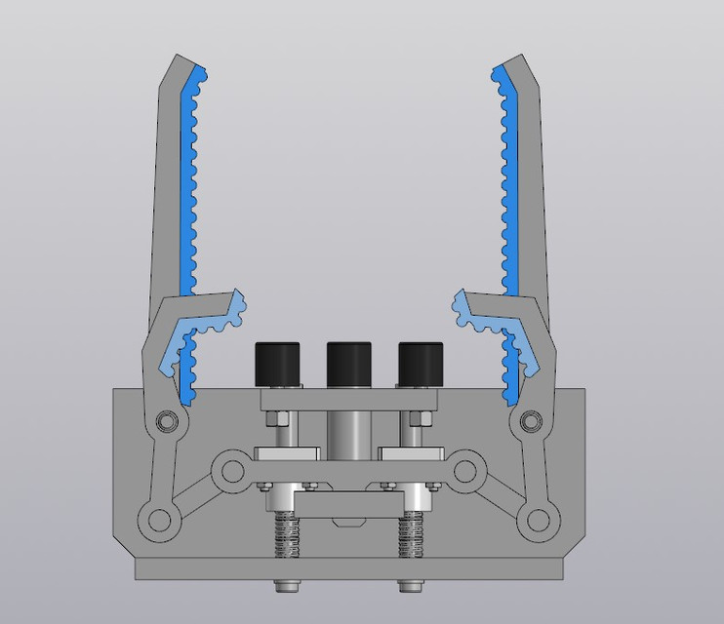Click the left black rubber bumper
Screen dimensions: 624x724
tap(276, 365)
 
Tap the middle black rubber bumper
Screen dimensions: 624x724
tap(348, 364)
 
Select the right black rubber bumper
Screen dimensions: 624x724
tap(420, 365)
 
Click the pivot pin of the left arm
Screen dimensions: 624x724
tap(167, 421)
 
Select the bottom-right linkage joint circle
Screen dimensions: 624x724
tap(539, 519)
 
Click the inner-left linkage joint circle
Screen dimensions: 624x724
tap(231, 473)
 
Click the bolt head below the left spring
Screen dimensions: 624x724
tap(286, 586)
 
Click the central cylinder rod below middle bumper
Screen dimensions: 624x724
tap(348, 429)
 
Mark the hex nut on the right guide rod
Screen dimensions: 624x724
tap(417, 419)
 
